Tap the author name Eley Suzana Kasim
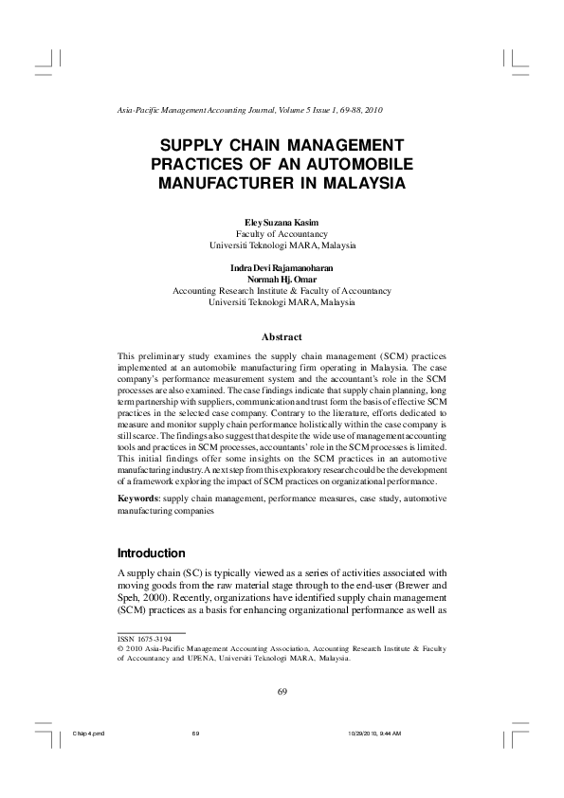(282, 221)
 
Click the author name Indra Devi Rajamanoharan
(282, 269)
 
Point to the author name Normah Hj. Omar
(282, 281)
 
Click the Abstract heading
(282, 336)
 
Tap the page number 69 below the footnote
(282, 690)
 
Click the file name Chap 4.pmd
(87, 734)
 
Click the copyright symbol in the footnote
(120, 649)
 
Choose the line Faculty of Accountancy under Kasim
(282, 233)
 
